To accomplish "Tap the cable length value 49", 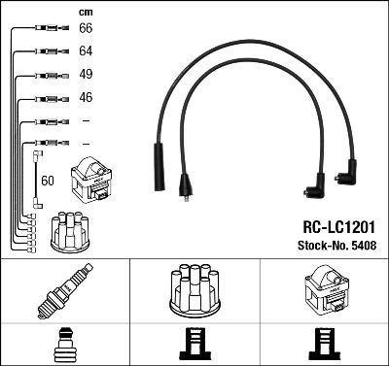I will [85, 75].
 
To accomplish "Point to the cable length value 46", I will [85, 98].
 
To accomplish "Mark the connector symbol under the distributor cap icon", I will [194, 344].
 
